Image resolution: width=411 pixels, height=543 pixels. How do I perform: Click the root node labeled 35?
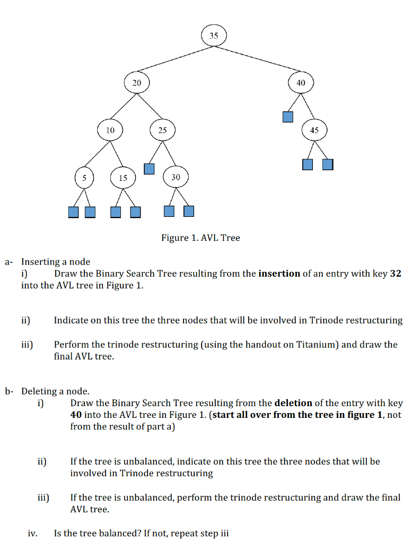coord(214,36)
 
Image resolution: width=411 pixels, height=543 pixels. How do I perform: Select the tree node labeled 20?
coord(137,83)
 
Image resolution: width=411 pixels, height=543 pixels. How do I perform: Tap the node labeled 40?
coord(301,83)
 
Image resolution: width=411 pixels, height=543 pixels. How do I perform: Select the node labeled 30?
coord(176,177)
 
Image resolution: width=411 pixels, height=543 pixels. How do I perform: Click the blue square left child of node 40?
coord(288,117)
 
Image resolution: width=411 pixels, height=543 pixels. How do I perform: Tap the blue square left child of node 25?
coord(150,169)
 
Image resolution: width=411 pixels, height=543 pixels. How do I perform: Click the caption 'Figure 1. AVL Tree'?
coord(200,238)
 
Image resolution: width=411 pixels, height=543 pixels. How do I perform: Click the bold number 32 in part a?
coord(396,274)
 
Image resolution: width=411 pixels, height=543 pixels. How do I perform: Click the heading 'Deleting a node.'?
coord(55,391)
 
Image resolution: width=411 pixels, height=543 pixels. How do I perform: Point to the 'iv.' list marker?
coord(33,533)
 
